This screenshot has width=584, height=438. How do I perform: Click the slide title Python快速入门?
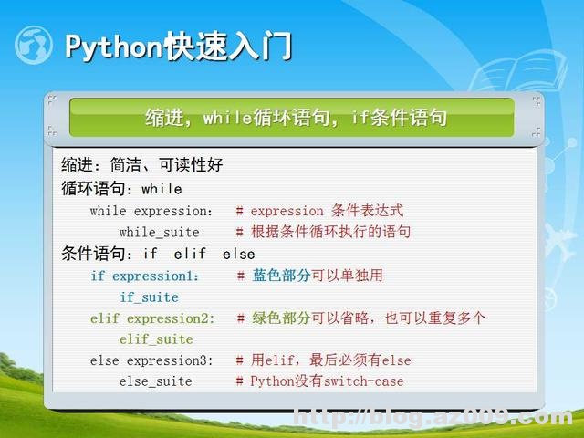coord(178,47)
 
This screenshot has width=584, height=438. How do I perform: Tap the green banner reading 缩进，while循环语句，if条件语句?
coord(296,118)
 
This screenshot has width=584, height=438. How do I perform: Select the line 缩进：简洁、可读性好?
coord(141,165)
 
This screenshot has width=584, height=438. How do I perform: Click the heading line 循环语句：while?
coord(121,189)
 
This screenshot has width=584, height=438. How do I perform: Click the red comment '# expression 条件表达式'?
coord(318,211)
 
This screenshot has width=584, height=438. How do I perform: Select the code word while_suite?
coord(159,232)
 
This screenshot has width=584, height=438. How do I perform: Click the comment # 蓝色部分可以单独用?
coord(309,276)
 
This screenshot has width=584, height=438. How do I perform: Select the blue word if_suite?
coord(149,297)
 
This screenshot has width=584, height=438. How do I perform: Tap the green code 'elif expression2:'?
coord(152,318)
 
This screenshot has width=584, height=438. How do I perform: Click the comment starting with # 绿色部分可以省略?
coord(360,318)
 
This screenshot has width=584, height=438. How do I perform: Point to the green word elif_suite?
coord(156,339)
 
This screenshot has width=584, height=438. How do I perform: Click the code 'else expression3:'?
coord(151,360)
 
